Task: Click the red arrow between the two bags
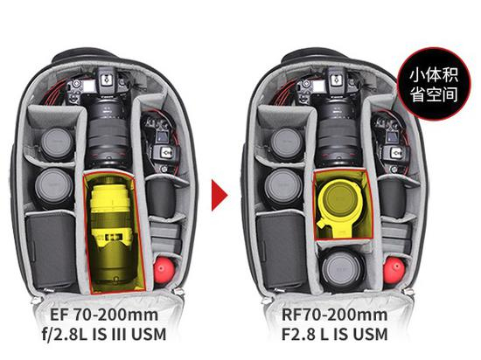(x=219, y=195)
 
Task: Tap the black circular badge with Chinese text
(x=434, y=84)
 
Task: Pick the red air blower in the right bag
(x=394, y=270)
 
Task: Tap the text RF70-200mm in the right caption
(x=334, y=315)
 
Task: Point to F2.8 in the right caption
(x=298, y=335)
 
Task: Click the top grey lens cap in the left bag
(x=57, y=142)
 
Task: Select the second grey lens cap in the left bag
(x=53, y=185)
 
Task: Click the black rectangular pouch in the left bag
(x=51, y=250)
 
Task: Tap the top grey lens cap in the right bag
(x=288, y=142)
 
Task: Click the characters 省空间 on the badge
(x=434, y=95)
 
